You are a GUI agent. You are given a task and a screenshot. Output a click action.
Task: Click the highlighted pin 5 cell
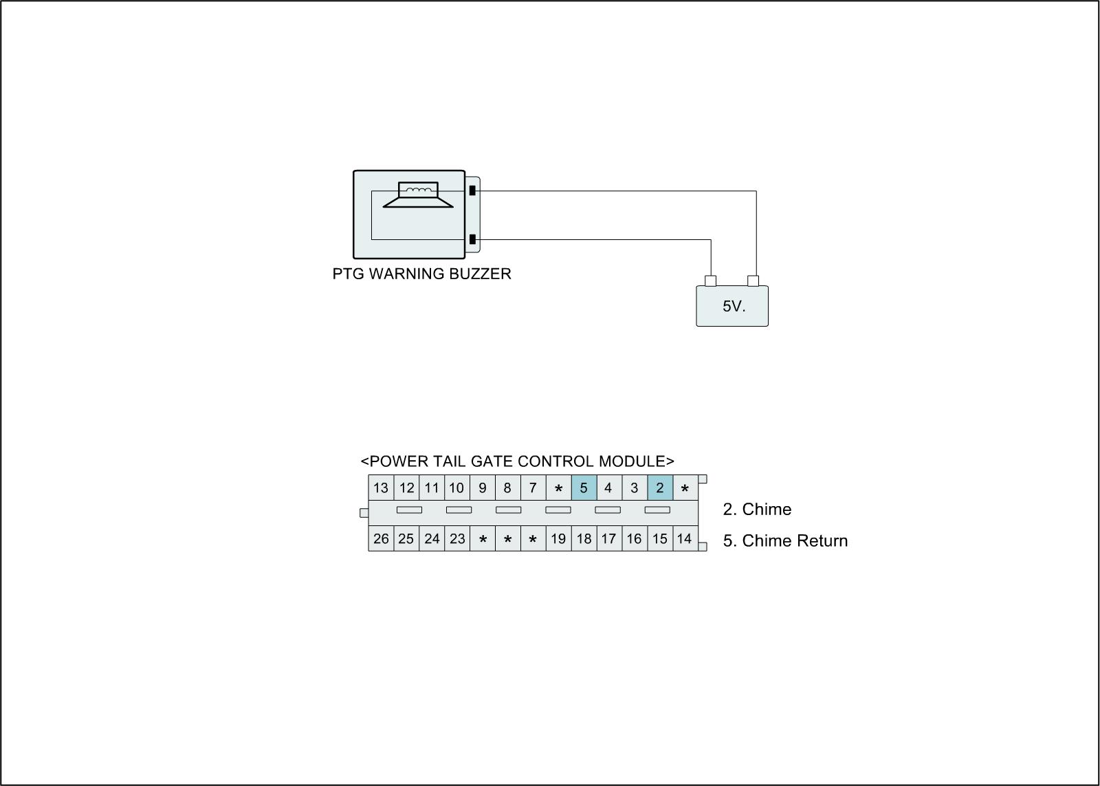[x=584, y=488]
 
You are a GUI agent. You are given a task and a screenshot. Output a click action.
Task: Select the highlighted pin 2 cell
[x=660, y=488]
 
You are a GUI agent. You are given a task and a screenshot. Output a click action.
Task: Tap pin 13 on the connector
[x=381, y=488]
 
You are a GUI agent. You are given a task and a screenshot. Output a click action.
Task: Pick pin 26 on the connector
[x=381, y=539]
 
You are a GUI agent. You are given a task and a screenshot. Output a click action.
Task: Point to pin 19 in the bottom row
[x=558, y=539]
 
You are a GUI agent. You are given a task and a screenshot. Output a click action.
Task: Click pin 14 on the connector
[x=684, y=539]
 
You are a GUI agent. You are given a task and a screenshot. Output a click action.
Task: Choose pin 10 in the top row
[x=456, y=488]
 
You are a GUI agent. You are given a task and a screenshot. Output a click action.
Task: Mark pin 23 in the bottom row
[x=457, y=539]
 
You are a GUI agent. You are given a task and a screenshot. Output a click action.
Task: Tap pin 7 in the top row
[x=533, y=488]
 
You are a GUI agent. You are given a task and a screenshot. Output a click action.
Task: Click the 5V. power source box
[x=732, y=307]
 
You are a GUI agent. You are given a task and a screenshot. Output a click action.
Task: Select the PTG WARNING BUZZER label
[x=421, y=274]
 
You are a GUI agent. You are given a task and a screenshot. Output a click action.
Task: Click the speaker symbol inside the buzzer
[x=418, y=195]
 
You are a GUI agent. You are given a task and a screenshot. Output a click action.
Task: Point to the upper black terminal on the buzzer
[x=472, y=190]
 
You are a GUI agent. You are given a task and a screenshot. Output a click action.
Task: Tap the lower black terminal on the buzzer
[x=472, y=239]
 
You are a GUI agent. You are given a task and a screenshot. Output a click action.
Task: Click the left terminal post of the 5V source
[x=711, y=281]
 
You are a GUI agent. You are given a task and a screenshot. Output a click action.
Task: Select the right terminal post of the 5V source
[x=753, y=281]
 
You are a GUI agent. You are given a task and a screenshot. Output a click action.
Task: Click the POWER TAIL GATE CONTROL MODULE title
[x=517, y=461]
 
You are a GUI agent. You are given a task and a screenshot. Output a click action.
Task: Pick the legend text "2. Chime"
[x=757, y=510]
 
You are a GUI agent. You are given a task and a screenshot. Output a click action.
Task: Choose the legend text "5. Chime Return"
[x=785, y=541]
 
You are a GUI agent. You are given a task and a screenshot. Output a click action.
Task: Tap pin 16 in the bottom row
[x=634, y=539]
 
